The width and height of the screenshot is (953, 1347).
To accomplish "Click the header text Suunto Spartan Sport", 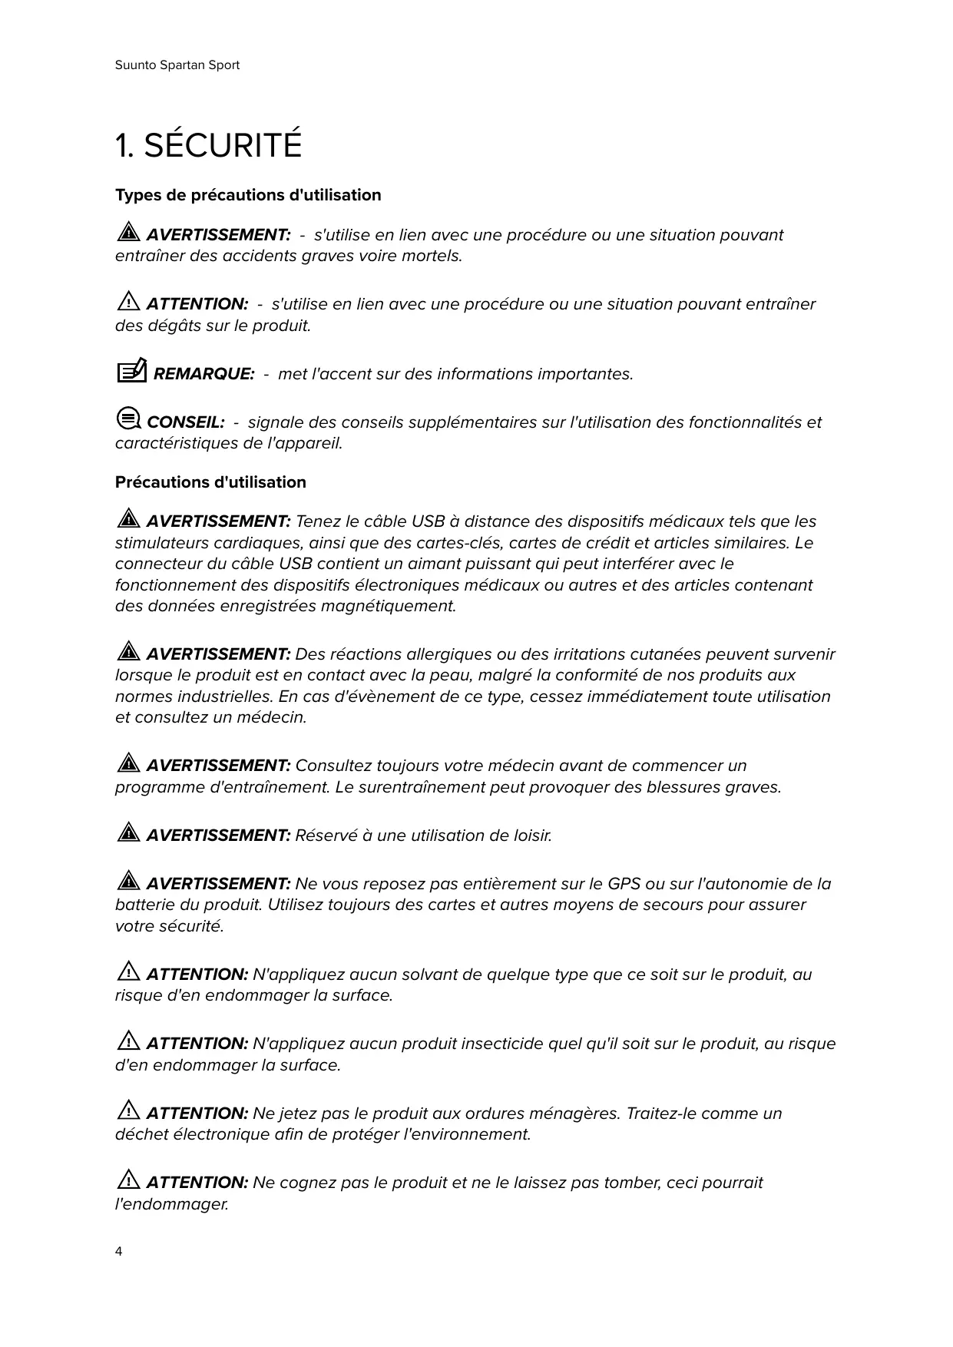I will [177, 65].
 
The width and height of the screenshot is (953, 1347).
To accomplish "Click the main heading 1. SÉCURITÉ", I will [208, 146].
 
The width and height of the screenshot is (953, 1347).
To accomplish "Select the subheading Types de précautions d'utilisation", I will [248, 195].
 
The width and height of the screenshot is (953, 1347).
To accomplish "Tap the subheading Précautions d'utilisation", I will [210, 482].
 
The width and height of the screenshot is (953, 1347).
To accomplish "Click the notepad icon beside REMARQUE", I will [131, 372].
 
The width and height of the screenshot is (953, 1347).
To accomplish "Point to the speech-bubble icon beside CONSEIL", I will [128, 419].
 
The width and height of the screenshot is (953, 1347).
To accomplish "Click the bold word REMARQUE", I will [204, 374].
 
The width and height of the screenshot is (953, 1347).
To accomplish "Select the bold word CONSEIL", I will [185, 422].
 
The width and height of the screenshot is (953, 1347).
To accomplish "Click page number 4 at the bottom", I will [118, 1252].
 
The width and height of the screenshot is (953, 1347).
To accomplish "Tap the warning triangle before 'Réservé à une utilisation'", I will [128, 832].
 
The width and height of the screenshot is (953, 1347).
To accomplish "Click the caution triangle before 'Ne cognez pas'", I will [128, 1180].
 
